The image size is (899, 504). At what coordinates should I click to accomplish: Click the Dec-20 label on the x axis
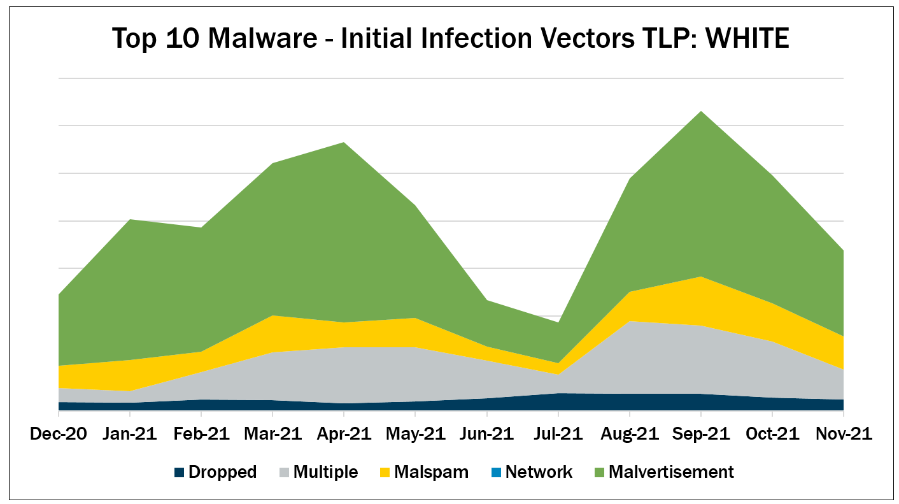(59, 434)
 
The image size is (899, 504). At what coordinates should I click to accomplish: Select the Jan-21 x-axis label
(130, 434)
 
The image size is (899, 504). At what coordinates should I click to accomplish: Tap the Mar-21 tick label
(273, 434)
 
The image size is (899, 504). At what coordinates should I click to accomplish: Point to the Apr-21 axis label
(344, 434)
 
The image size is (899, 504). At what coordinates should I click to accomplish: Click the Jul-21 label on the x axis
(558, 434)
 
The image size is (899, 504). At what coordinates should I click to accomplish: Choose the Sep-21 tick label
(701, 434)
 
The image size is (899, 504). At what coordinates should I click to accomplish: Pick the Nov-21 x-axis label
(844, 434)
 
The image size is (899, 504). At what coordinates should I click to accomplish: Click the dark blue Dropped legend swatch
(180, 473)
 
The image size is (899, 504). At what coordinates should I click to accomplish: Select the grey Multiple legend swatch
(285, 473)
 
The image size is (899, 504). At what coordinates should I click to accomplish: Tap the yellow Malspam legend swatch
(385, 473)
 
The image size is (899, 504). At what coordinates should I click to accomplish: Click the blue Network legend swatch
(496, 473)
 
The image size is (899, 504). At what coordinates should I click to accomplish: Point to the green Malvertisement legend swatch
(599, 473)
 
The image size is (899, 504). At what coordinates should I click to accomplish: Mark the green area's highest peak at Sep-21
(701, 112)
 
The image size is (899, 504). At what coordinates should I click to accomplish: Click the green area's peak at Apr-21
(344, 143)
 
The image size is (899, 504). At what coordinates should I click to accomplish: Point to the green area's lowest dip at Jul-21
(558, 322)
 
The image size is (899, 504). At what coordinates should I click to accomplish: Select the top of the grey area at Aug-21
(629, 321)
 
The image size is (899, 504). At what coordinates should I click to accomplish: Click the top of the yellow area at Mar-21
(273, 315)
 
